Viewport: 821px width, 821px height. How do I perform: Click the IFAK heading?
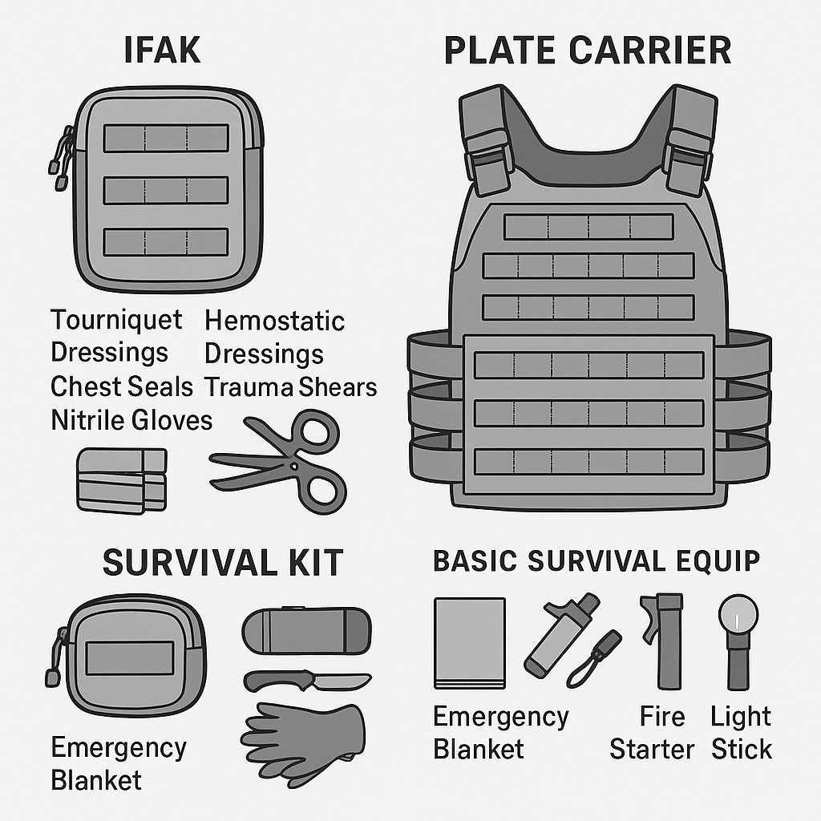[x=162, y=51]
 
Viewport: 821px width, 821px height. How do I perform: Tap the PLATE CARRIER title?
[x=588, y=51]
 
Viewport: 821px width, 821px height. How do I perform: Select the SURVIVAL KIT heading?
[x=223, y=562]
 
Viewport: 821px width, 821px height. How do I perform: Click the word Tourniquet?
[x=116, y=320]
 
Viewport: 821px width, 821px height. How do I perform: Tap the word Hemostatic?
[x=274, y=321]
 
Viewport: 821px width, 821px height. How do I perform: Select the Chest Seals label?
[x=122, y=387]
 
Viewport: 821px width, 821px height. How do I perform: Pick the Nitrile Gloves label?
[x=131, y=420]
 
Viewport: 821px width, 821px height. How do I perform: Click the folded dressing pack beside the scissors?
[x=122, y=481]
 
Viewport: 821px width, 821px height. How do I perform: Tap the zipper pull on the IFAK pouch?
[x=61, y=158]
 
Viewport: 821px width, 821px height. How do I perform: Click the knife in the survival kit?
[x=307, y=681]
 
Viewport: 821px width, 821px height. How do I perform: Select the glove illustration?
[x=303, y=744]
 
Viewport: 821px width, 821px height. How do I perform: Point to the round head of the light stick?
[x=738, y=613]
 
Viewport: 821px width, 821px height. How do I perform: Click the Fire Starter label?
[x=652, y=733]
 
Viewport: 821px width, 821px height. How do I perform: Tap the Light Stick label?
[x=741, y=733]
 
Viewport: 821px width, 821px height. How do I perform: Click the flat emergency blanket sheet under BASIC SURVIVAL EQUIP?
[x=470, y=643]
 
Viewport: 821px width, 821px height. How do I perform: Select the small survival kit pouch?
[x=127, y=656]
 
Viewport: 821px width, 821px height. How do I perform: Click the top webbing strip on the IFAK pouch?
[x=166, y=138]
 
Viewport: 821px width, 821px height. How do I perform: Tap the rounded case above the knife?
[x=307, y=630]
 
